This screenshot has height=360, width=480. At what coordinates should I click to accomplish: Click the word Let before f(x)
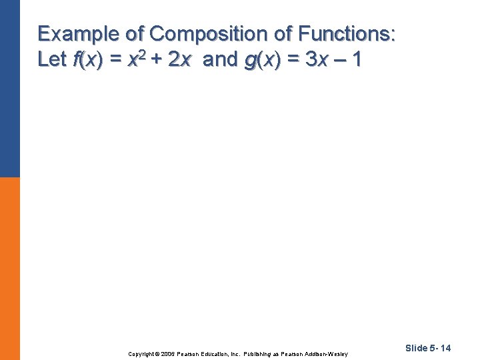tap(51, 60)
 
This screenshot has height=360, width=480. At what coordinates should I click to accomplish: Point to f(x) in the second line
tap(87, 60)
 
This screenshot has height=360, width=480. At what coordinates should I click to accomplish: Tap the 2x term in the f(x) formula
tap(181, 60)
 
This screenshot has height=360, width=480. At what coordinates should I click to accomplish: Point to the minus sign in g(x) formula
tap(339, 61)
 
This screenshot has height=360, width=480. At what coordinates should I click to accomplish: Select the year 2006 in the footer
tap(169, 353)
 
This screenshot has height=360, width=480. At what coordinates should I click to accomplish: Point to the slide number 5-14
tap(441, 348)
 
